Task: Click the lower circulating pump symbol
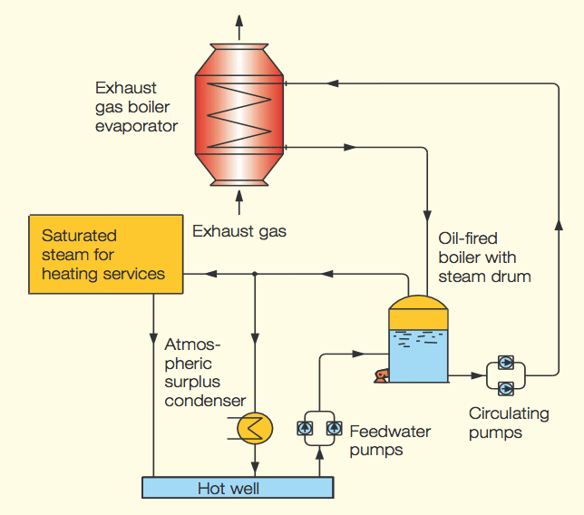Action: coord(506,388)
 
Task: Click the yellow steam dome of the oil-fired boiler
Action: coord(418,302)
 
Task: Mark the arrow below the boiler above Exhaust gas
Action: coord(239,199)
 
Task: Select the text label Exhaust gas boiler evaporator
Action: coord(135,107)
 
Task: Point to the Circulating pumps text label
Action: coord(509,423)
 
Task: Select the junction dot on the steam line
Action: coord(256,273)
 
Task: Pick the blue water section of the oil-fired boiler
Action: coord(418,354)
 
